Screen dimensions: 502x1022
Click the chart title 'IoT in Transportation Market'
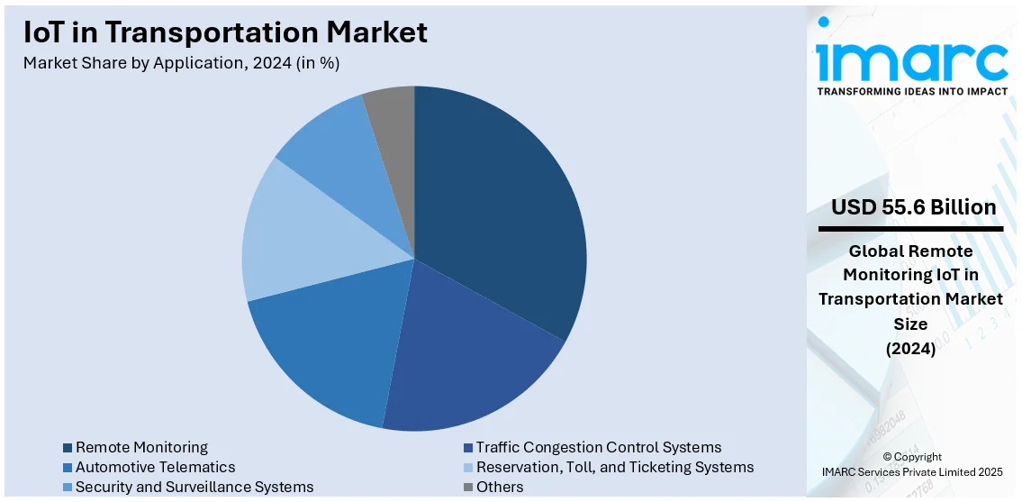click(x=225, y=32)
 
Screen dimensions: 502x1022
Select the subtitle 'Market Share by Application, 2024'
click(x=181, y=63)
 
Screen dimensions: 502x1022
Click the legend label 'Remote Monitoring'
click(x=141, y=448)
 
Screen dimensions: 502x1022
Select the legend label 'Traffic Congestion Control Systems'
click(x=599, y=448)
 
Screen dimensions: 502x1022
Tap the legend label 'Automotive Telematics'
click(x=155, y=468)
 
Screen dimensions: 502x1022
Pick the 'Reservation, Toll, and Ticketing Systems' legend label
click(x=615, y=468)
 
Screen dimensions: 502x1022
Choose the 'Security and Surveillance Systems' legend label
click(x=194, y=488)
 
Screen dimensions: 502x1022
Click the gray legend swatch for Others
click(x=468, y=488)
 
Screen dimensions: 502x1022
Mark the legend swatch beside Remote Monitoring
click(x=68, y=448)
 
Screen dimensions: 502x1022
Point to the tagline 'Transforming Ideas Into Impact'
click(x=912, y=91)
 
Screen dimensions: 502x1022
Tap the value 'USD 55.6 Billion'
click(x=913, y=207)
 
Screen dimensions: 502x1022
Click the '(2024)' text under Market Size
click(x=910, y=349)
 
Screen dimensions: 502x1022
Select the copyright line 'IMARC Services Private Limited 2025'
click(x=912, y=471)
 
